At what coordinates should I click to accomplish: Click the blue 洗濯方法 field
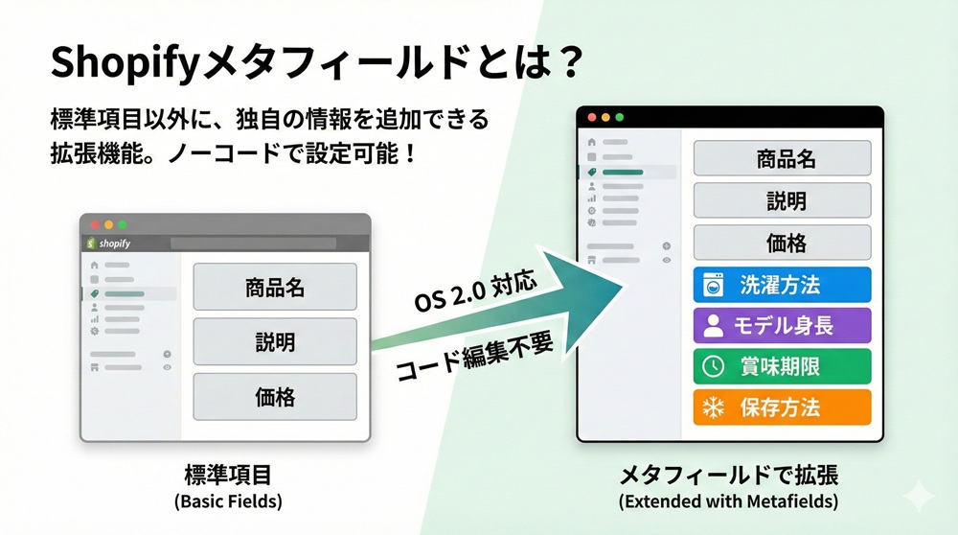click(x=782, y=285)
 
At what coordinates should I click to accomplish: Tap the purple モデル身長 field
click(x=782, y=325)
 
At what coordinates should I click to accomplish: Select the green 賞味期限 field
click(x=782, y=366)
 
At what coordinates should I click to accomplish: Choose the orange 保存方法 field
click(x=782, y=407)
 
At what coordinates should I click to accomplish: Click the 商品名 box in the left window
click(x=275, y=287)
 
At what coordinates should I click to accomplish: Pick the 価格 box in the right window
click(x=782, y=244)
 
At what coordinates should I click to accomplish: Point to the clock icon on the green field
click(x=714, y=366)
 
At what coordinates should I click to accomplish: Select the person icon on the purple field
click(x=714, y=326)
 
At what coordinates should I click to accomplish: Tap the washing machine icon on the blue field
click(x=714, y=286)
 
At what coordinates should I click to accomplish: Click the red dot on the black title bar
click(x=592, y=117)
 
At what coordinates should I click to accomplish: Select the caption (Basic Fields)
click(x=228, y=501)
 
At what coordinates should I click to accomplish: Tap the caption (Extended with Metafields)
click(x=728, y=501)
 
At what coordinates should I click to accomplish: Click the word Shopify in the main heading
click(x=119, y=64)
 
